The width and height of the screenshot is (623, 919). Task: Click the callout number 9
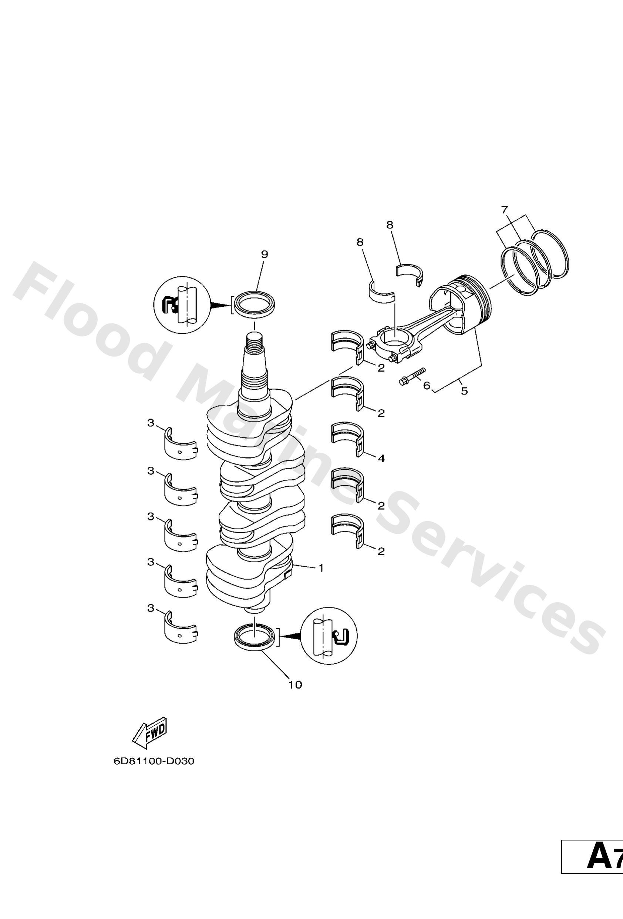264,254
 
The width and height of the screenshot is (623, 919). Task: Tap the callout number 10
295,685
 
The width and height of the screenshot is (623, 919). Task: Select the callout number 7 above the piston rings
505,210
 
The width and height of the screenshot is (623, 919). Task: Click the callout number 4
381,458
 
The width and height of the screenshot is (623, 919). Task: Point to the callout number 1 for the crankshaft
321,568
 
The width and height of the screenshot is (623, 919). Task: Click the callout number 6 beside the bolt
426,385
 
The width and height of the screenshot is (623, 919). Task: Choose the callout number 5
464,391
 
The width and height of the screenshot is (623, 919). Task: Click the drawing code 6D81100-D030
154,761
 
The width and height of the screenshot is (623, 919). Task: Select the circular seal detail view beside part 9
181,304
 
